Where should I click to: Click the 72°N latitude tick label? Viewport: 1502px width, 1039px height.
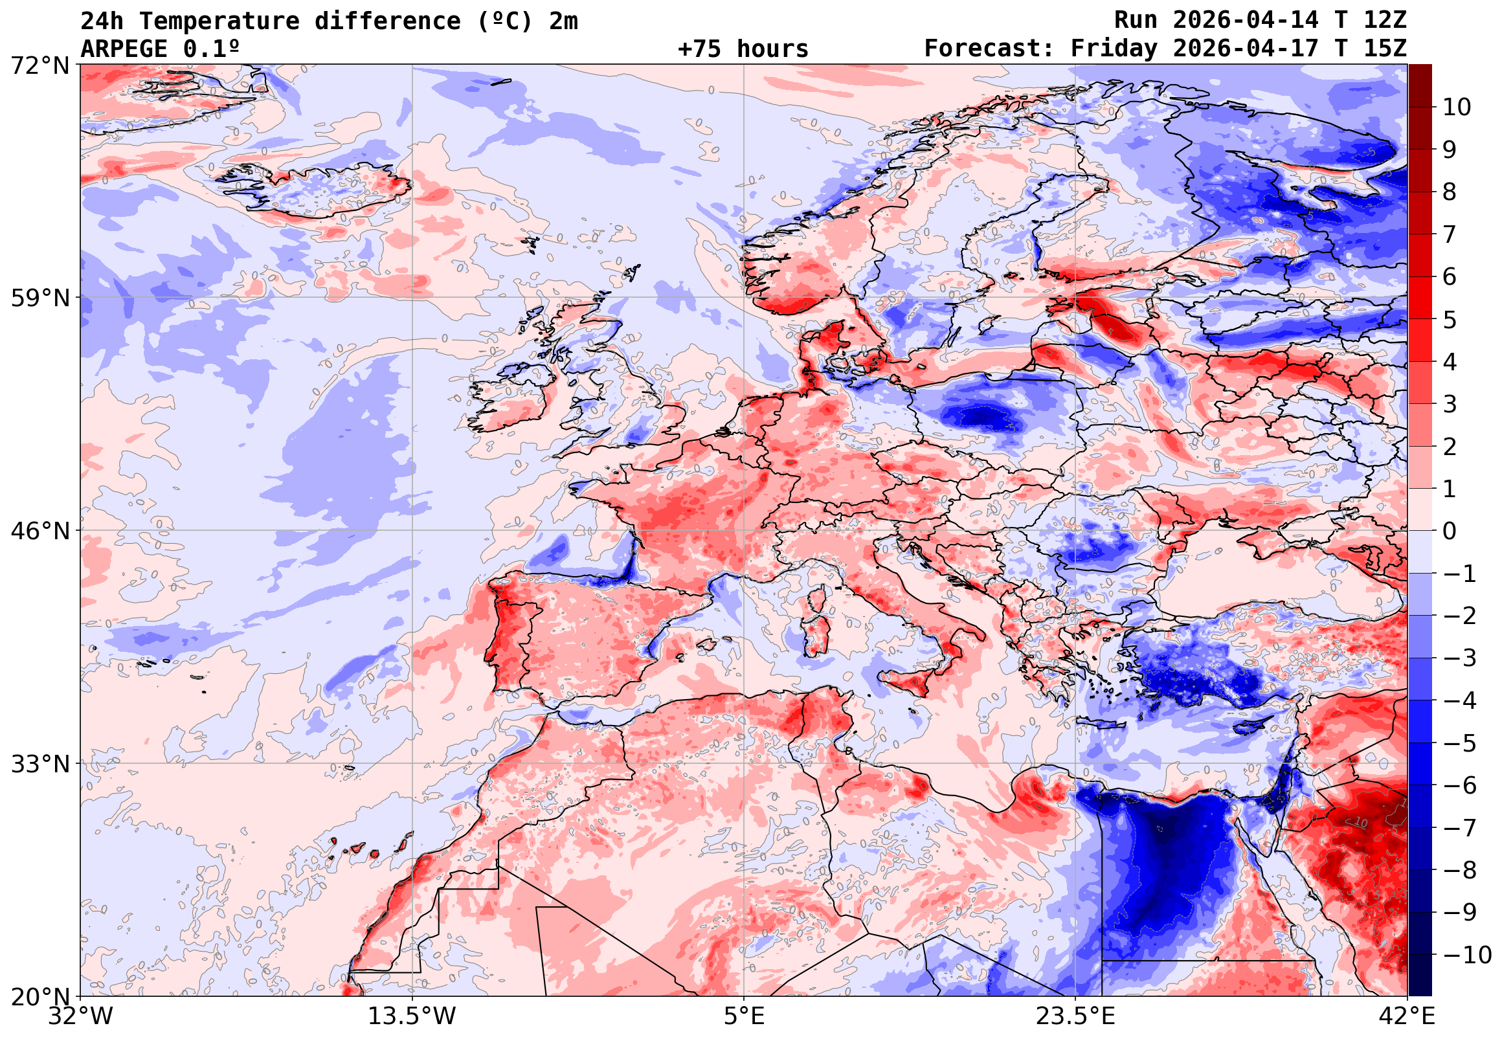39,65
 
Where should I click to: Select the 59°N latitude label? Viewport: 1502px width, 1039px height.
39,298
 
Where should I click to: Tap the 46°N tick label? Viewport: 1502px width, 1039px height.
39,531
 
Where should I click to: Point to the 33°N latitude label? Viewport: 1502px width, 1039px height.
39,764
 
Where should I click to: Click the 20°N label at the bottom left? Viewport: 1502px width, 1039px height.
39,997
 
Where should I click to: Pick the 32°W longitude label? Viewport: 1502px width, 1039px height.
80,1016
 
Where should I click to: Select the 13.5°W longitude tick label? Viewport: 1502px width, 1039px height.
412,1016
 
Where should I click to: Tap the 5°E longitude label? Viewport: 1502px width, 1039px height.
744,1016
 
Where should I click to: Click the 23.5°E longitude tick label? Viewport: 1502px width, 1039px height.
1075,1016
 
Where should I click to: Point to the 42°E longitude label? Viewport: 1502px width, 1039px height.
1407,1016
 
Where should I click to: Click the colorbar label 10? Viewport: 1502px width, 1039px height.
1457,107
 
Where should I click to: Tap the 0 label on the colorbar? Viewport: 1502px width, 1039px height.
1450,531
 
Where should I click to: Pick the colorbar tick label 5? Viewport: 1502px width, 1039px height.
1450,320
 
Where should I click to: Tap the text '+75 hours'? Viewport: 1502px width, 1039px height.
743,49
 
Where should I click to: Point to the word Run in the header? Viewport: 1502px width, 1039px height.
1136,20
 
